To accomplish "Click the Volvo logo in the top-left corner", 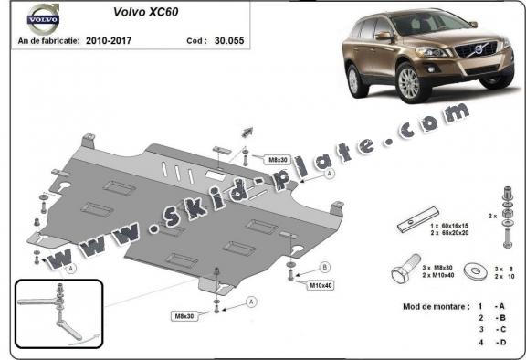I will [x=41, y=17].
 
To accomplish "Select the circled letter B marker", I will [x=325, y=267].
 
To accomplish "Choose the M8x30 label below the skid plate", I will [x=185, y=316].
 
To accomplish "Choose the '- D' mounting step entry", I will [x=499, y=342].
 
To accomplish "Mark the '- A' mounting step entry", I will [x=499, y=306].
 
